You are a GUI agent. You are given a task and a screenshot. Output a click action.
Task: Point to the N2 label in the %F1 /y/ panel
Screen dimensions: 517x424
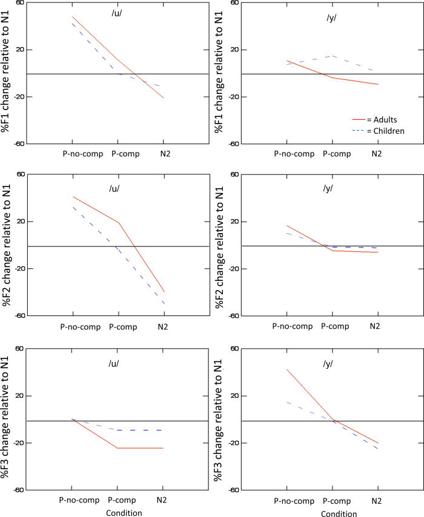pos(376,154)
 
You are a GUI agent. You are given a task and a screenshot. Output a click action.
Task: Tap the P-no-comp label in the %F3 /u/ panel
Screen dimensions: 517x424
pos(79,501)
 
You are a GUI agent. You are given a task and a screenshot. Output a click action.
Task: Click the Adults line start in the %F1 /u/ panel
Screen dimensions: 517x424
pos(72,17)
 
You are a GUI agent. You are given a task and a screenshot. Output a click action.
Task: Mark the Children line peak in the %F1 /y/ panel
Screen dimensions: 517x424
pos(331,56)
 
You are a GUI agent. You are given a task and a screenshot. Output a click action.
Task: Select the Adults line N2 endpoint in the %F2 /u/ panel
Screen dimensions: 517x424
pos(164,292)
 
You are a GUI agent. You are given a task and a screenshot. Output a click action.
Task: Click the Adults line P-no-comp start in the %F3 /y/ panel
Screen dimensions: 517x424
pos(287,369)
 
